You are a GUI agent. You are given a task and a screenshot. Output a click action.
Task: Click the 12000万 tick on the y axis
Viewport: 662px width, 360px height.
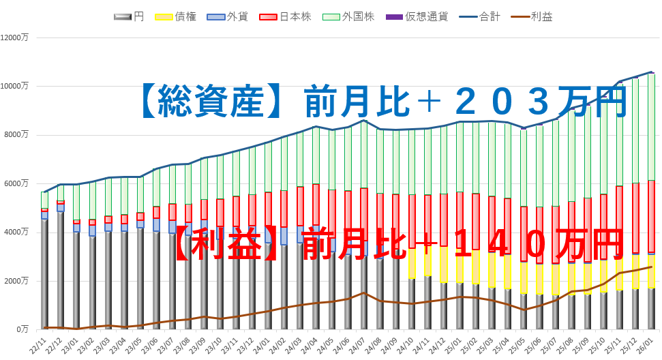coord(15,37)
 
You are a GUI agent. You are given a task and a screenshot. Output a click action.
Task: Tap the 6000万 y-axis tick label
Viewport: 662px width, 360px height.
coord(17,183)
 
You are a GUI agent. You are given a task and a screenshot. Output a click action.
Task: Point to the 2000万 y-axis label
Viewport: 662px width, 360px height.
coord(17,281)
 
